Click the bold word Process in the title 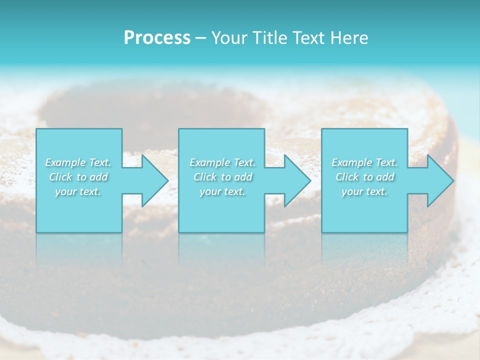click(x=157, y=38)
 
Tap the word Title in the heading click(x=269, y=38)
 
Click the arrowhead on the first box click(x=152, y=180)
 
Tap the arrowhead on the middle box click(x=295, y=180)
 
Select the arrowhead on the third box click(x=438, y=180)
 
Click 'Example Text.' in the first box click(x=78, y=162)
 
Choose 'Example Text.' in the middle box click(x=222, y=162)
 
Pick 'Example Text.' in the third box click(x=364, y=162)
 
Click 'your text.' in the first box click(x=78, y=191)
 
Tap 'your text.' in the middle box click(x=222, y=191)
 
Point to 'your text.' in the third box click(x=364, y=191)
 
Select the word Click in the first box click(x=60, y=177)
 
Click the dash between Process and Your click(x=201, y=38)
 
